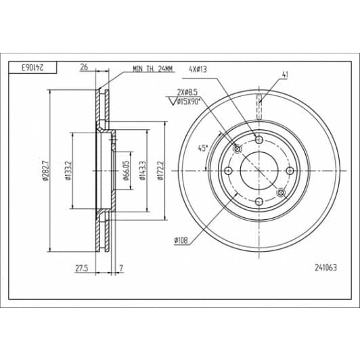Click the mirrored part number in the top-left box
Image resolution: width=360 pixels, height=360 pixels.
point(32,68)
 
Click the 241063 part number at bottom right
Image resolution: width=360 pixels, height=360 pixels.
point(325,267)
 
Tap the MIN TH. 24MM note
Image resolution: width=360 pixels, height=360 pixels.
point(153,69)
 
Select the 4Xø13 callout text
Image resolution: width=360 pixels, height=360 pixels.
point(198,69)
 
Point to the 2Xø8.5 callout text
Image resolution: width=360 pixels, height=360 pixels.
point(187,92)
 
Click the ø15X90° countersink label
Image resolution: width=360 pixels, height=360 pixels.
point(189,102)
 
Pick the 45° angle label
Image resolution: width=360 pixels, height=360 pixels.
point(203,148)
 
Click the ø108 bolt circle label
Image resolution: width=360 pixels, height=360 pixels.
point(181,240)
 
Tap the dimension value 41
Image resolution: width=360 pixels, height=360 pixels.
point(285,74)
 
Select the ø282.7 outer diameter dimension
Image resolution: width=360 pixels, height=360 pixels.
point(45,171)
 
